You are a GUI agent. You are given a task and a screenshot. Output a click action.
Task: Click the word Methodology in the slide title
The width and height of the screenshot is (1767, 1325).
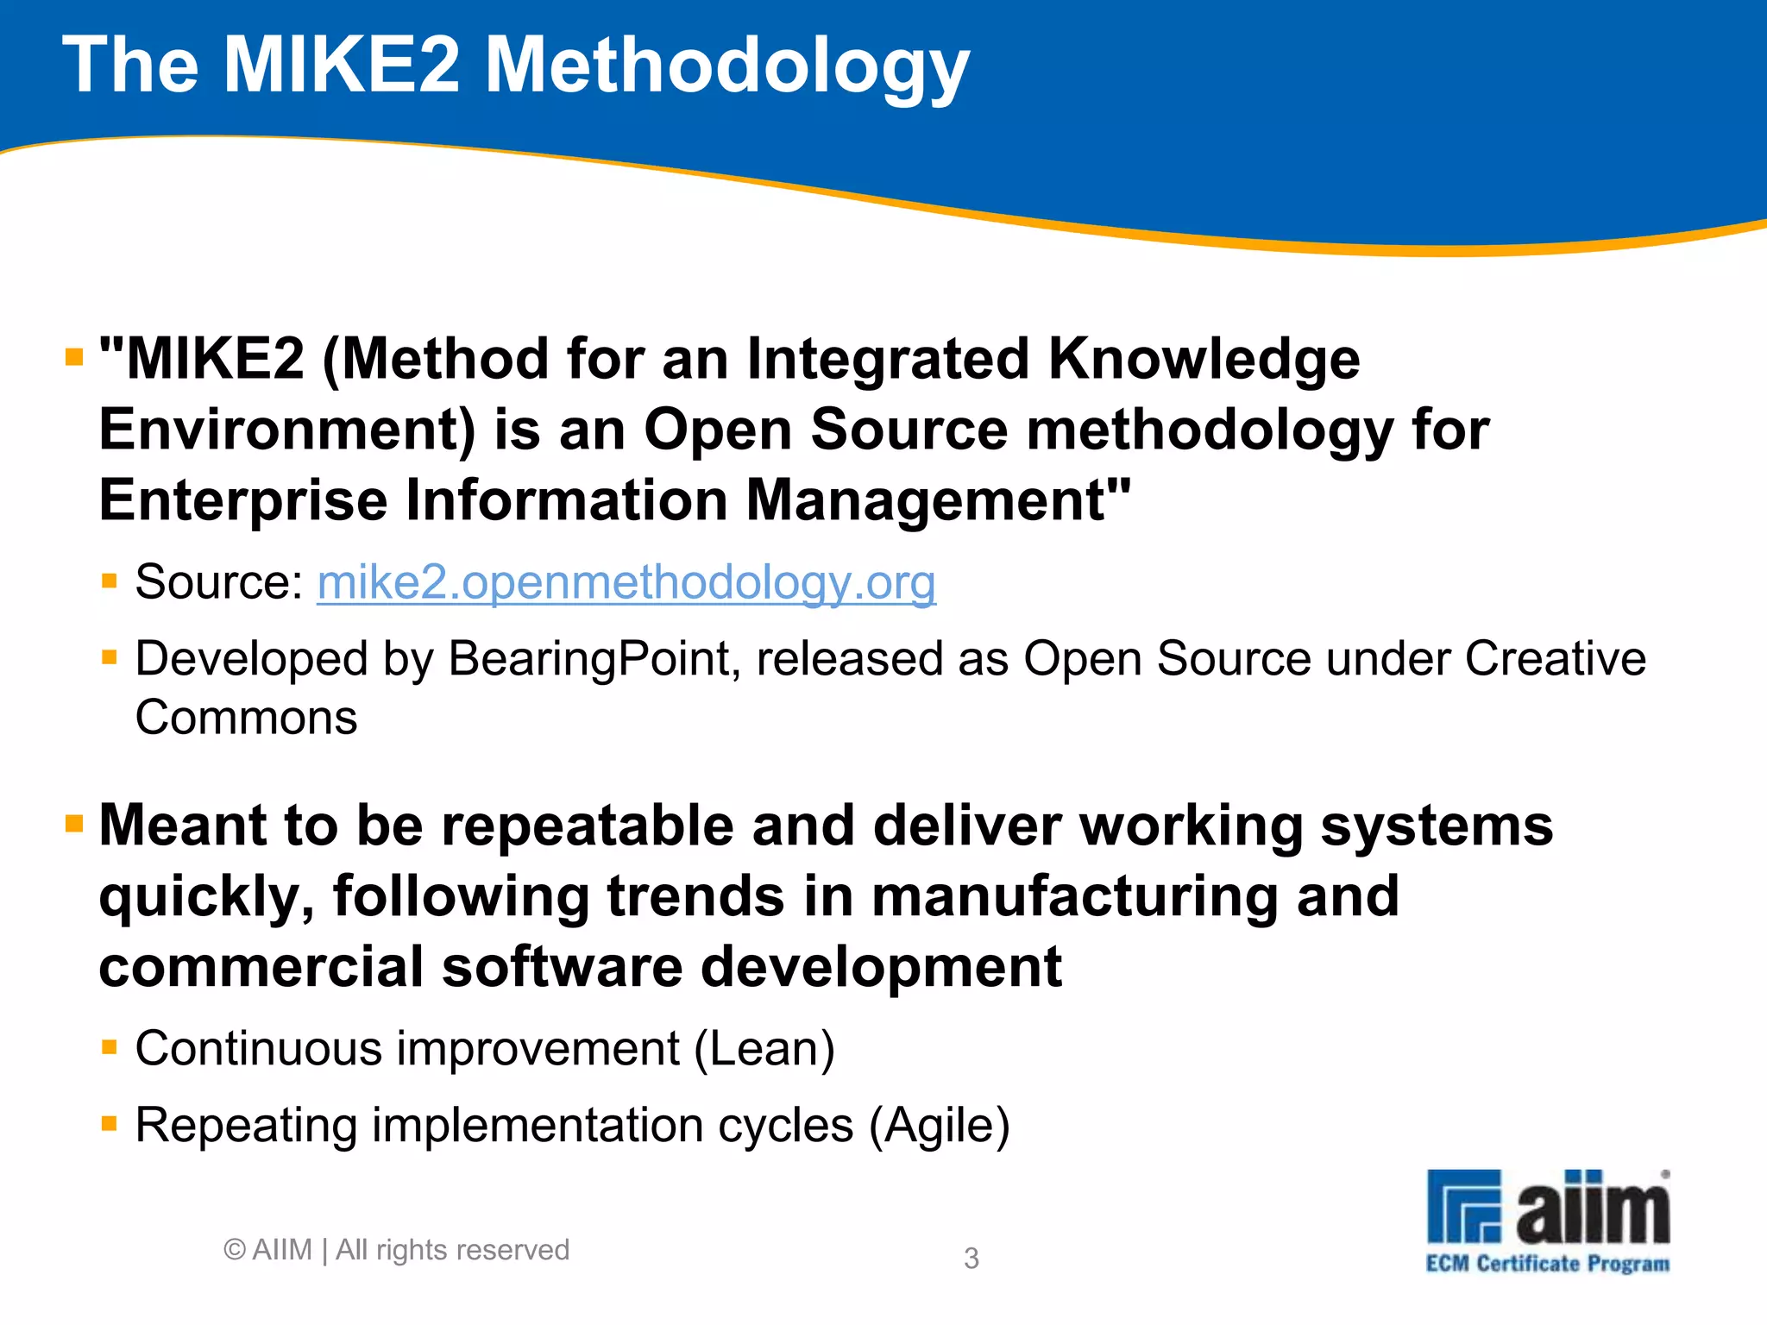726,67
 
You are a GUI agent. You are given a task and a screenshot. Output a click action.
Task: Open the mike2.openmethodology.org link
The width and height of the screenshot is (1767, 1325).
626,582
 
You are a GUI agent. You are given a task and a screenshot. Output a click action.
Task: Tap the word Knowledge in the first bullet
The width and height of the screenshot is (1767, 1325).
1204,359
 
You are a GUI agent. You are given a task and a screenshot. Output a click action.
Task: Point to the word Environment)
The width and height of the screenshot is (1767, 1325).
287,430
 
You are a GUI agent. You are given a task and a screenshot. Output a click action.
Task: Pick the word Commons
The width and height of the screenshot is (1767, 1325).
246,718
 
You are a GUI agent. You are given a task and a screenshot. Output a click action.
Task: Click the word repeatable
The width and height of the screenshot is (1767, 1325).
588,826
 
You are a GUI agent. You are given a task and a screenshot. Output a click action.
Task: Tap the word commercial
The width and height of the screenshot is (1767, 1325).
261,967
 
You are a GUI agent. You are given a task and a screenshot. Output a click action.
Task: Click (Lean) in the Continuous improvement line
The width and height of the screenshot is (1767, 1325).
764,1049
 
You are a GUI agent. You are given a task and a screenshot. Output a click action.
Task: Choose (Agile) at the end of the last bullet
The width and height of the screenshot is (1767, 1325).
939,1126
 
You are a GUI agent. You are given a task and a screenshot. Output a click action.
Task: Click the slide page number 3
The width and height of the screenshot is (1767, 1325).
971,1259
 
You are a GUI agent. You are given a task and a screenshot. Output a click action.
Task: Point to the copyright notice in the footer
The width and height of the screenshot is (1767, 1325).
396,1250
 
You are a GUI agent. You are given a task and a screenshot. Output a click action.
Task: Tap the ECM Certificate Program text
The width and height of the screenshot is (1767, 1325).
1547,1265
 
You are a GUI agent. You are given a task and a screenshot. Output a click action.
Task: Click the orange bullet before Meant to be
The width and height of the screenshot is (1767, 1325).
74,825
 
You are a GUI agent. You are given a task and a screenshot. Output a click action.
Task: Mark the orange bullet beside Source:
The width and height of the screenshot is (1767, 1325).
109,581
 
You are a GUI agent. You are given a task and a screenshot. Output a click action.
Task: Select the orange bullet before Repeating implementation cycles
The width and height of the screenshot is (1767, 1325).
109,1123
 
